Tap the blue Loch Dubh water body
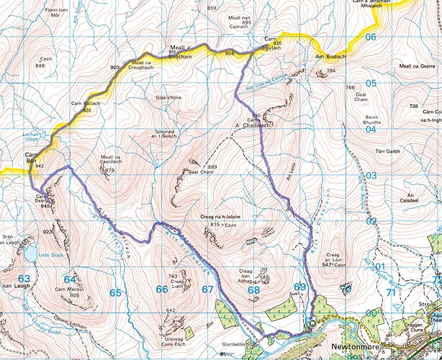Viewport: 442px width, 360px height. (31, 253)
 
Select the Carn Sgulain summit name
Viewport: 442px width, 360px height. (271, 41)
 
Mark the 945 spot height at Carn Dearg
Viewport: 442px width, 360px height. (45, 206)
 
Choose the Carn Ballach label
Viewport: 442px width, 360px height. (83, 106)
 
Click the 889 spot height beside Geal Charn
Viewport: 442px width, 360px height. (212, 167)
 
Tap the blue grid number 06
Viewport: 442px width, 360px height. (371, 37)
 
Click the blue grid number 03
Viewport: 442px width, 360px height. (371, 176)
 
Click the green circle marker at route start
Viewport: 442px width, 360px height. (312, 325)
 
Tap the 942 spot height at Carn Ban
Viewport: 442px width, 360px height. (40, 166)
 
